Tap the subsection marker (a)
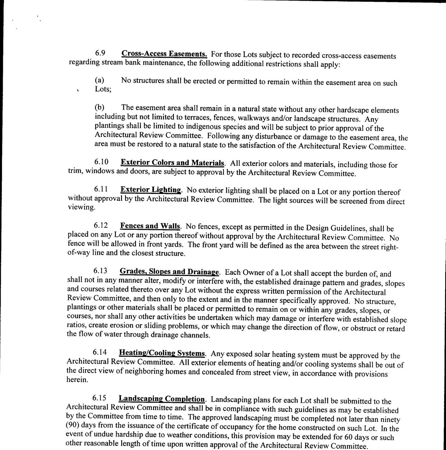pyautogui.click(x=100, y=80)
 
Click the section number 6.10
pyautogui.click(x=101, y=162)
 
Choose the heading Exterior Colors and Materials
pyautogui.click(x=173, y=163)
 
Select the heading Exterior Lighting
pyautogui.click(x=151, y=190)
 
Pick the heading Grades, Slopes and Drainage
pyautogui.click(x=169, y=271)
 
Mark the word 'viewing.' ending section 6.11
pyautogui.click(x=81, y=207)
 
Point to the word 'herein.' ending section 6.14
pyautogui.click(x=77, y=380)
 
